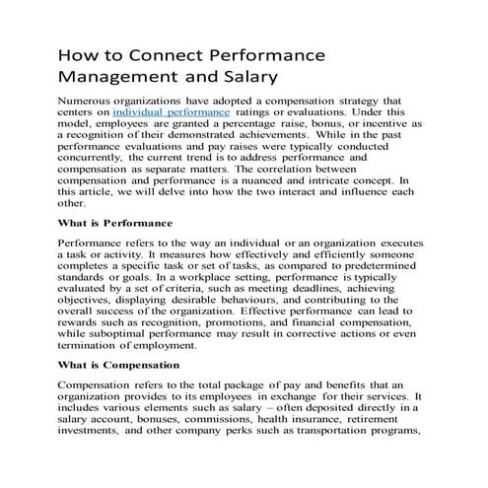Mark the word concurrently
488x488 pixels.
(99, 165)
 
